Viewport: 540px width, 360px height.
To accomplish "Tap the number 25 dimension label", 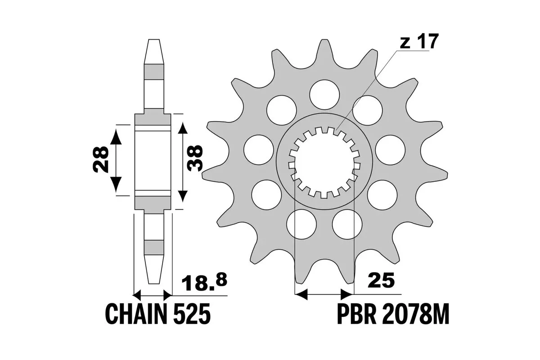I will pyautogui.click(x=382, y=280).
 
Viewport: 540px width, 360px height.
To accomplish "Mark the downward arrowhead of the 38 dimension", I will pyautogui.click(x=182, y=196).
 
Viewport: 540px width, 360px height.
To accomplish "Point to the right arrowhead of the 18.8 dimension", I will pyautogui.click(x=167, y=295).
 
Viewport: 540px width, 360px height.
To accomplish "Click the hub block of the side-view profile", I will pyautogui.click(x=153, y=162).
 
